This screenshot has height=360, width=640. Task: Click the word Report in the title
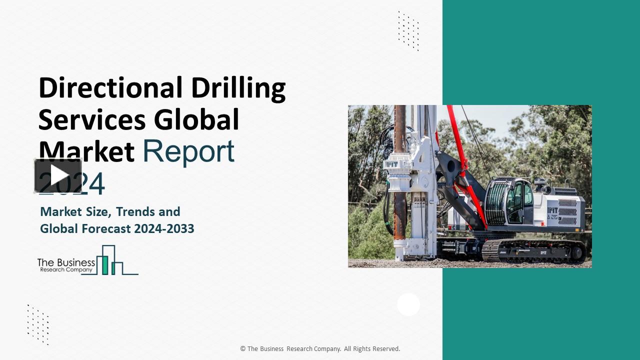188,151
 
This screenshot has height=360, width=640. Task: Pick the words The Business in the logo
66,262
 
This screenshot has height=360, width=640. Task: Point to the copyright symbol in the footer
243,349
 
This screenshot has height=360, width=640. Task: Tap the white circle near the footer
408,304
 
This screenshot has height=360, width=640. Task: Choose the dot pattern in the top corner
408,31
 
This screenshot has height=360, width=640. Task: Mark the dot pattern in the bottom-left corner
38,324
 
